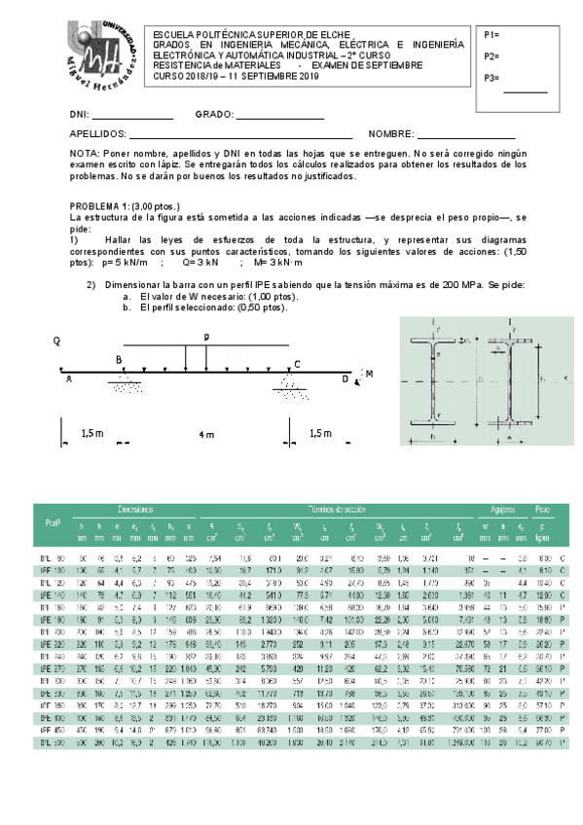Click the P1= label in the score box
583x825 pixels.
point(492,34)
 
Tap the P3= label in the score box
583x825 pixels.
point(492,78)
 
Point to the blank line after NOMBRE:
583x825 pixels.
point(466,136)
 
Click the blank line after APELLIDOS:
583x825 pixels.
point(240,136)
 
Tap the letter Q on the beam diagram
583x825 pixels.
point(57,341)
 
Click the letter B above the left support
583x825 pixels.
point(119,360)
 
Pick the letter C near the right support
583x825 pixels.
point(297,364)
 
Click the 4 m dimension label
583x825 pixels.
point(206,434)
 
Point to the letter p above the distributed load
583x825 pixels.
point(205,337)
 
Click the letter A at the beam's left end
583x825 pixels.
point(69,380)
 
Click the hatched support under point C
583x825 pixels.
point(289,386)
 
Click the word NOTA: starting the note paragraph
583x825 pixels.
point(85,154)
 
